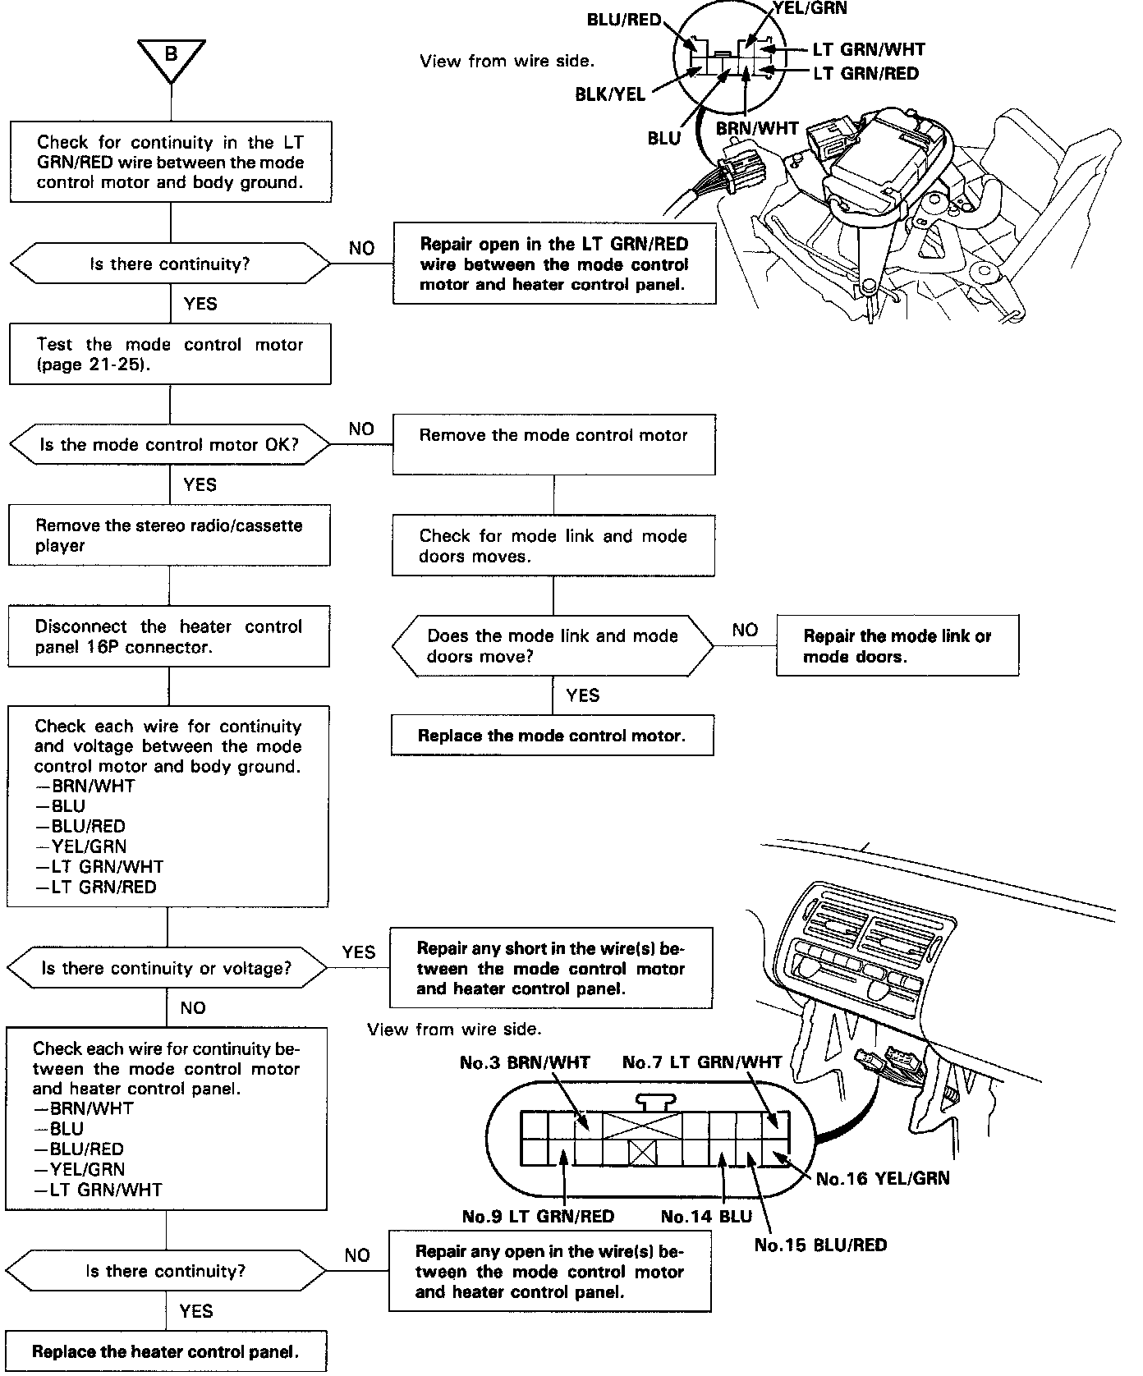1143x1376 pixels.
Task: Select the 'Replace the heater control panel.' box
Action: coord(165,1351)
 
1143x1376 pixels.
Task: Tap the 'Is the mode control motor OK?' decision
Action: coord(169,445)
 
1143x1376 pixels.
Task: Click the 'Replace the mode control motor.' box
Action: coord(552,736)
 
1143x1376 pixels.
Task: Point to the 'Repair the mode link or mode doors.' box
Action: coord(897,646)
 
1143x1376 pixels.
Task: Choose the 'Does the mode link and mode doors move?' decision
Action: coord(553,646)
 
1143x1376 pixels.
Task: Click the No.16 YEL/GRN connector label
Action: coord(882,1178)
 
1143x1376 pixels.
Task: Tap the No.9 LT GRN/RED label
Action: coord(538,1216)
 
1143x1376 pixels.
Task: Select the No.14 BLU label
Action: coord(706,1216)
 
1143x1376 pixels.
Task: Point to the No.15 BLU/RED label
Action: coord(820,1245)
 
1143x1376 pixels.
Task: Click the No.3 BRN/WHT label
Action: coord(525,1062)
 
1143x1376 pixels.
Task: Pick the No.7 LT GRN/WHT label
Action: coord(702,1062)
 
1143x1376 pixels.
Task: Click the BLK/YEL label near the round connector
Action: coord(610,94)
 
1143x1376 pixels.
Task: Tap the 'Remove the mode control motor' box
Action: coord(553,444)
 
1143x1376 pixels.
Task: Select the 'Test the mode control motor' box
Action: coord(170,354)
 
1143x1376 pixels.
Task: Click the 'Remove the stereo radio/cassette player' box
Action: coord(169,535)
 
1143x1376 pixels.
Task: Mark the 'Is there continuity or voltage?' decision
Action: coord(167,968)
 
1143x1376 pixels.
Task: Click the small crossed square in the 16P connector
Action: coord(642,1154)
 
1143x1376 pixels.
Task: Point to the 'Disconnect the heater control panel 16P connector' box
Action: coord(168,636)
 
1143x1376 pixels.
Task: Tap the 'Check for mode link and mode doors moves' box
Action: coord(553,546)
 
